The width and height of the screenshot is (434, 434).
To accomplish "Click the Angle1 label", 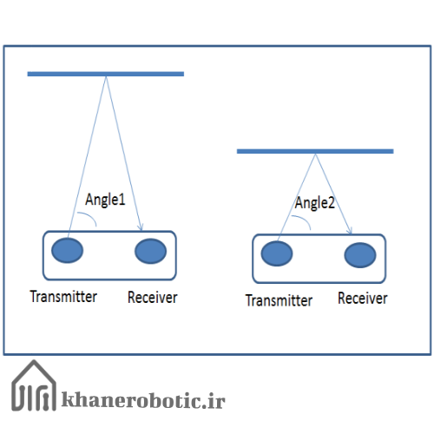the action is coord(105,200).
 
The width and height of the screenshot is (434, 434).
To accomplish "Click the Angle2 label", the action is coord(314,203).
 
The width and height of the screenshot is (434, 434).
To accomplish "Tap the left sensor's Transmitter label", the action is coord(63,297).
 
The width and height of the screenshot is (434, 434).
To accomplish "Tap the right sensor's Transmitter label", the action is coord(279,300).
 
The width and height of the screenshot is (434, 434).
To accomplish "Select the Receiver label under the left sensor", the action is coord(153,298).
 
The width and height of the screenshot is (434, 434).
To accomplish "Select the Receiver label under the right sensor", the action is coord(363,299).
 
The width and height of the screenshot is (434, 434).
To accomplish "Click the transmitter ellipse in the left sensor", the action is coord(68,251).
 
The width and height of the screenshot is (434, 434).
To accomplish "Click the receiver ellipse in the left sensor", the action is coord(151,251).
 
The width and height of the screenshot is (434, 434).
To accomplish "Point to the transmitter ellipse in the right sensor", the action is coord(277,253).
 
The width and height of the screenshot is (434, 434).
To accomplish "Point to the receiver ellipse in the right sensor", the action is coord(360,255).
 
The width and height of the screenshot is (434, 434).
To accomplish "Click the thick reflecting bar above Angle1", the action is coord(106,74).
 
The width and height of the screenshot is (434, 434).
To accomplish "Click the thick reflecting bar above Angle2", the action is coord(315,151).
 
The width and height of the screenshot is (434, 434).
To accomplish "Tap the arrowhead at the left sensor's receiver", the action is coord(141,227).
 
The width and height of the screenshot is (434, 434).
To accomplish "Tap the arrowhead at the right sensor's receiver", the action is coord(350,230).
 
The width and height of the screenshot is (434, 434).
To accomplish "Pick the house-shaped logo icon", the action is coord(34,385).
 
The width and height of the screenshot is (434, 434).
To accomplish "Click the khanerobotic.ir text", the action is coord(143,400).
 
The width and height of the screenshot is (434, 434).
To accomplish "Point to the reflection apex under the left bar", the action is coord(106,77).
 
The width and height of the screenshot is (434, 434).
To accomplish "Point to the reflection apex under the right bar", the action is coord(316,155).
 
